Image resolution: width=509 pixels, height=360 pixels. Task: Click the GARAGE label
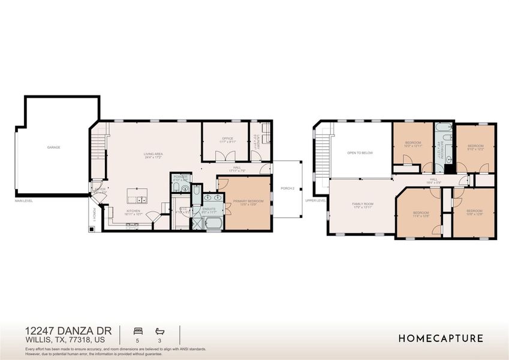click(54, 147)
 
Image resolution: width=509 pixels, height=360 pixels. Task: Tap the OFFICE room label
click(227, 139)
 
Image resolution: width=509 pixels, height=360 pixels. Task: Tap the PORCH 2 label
click(288, 188)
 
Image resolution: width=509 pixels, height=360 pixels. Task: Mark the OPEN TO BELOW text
click(360, 153)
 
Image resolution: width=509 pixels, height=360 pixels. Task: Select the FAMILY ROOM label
click(362, 204)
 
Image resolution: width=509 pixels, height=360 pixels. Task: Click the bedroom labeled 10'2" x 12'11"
click(412, 143)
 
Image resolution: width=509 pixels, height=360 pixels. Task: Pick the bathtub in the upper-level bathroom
click(444, 128)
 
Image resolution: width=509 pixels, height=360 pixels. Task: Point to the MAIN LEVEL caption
click(24, 200)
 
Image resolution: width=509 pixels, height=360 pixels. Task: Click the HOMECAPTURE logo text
click(441, 338)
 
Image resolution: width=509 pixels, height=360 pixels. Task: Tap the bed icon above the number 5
click(137, 331)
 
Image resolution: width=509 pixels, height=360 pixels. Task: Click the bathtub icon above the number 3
click(159, 331)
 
